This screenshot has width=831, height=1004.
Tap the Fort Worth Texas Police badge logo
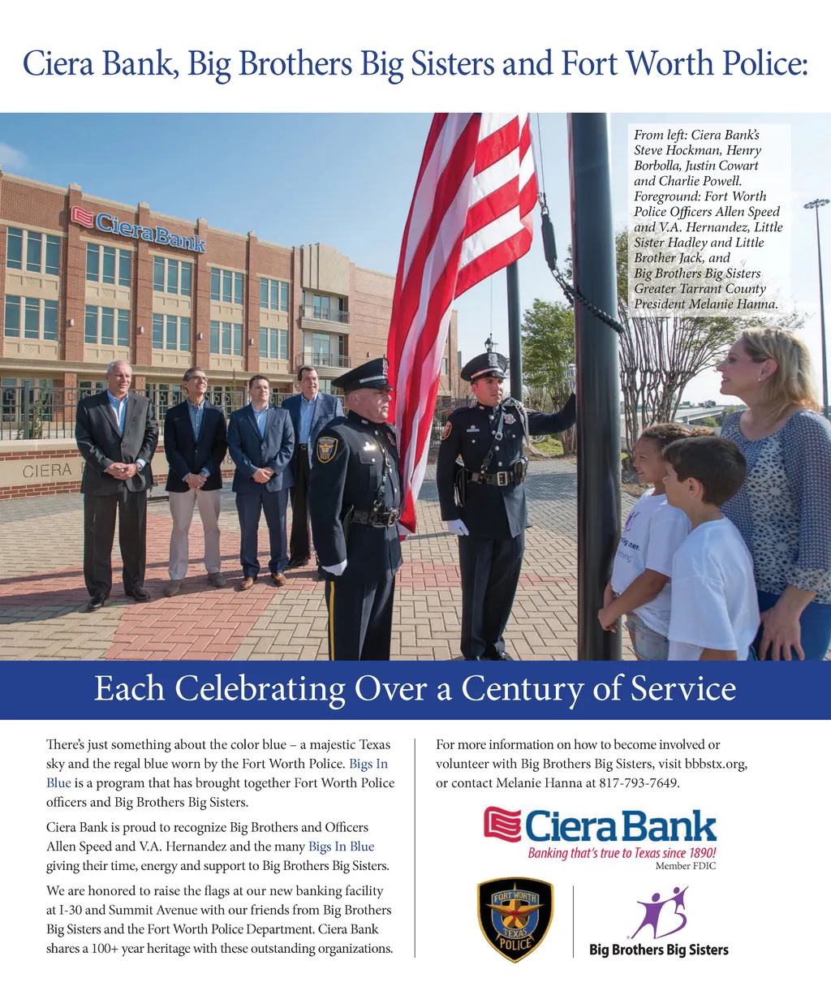[x=515, y=920]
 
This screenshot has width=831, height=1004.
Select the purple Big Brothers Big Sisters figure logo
[x=659, y=912]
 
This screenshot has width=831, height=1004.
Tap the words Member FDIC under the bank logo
[x=685, y=866]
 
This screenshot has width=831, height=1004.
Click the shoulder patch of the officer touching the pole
[x=447, y=429]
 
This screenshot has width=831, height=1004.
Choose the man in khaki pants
[x=194, y=479]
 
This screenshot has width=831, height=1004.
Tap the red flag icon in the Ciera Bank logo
[x=502, y=825]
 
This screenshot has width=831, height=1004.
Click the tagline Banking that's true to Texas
[x=622, y=853]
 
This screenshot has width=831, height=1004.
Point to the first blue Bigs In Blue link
[x=368, y=764]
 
